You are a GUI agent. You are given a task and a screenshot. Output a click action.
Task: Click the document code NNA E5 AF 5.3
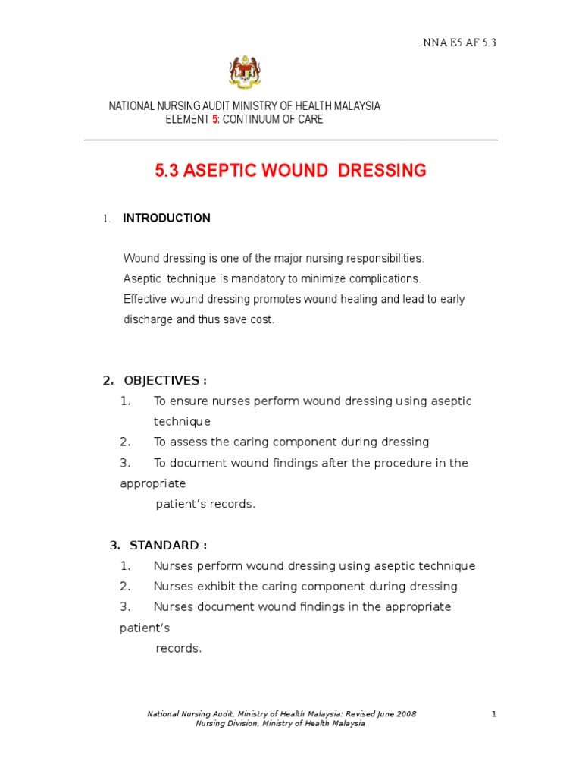[458, 42]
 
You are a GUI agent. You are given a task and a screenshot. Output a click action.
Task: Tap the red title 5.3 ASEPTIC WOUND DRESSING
[290, 171]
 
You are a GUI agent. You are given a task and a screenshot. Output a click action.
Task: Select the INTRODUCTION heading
[167, 219]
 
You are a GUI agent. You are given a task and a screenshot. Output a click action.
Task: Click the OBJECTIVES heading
[161, 380]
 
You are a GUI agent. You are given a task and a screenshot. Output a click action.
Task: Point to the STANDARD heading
[167, 546]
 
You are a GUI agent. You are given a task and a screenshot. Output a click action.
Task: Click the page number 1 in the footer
[493, 714]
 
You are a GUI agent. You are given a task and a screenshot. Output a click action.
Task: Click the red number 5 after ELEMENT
[214, 120]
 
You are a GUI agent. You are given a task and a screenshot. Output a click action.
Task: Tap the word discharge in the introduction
[149, 319]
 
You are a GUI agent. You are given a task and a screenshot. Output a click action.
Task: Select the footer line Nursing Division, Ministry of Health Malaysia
[280, 724]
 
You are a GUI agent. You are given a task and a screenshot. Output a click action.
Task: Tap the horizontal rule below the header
[290, 140]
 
